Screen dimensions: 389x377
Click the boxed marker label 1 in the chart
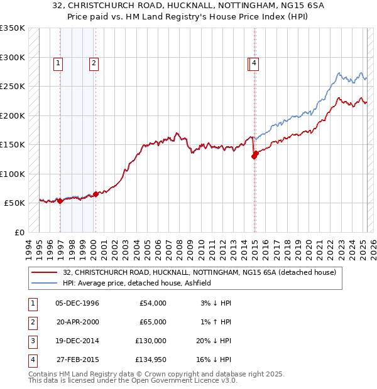[x=58, y=62]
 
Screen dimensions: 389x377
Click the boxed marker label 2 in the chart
[x=93, y=62]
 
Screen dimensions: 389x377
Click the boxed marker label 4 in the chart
[x=254, y=62]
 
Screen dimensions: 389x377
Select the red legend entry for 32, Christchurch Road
[x=200, y=272]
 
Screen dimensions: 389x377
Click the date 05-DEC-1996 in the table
[x=77, y=303]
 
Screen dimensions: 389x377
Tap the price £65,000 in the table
[x=153, y=322]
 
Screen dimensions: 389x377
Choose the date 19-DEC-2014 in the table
[x=77, y=341]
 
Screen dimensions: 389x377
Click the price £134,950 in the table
[x=151, y=360]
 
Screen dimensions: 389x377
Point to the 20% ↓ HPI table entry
[x=213, y=341]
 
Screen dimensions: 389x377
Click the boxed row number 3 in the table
[x=31, y=341]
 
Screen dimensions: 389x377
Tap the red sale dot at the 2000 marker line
[x=96, y=194]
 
